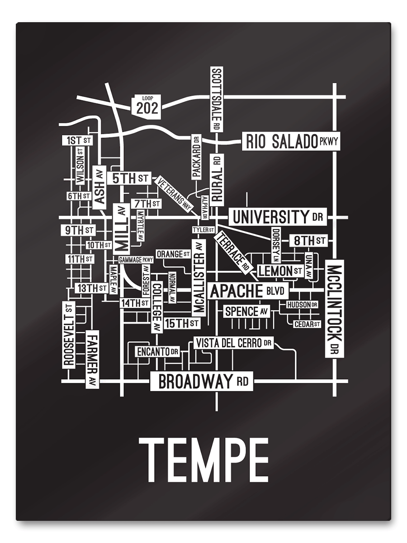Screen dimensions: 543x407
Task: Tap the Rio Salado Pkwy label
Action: tap(291, 142)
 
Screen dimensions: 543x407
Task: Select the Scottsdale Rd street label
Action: tap(217, 99)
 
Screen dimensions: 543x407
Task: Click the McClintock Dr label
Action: tap(335, 309)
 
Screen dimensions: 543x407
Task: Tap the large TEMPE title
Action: tap(203, 461)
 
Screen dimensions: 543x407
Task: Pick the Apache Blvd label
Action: tap(247, 291)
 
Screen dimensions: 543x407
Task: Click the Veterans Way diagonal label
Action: tap(174, 194)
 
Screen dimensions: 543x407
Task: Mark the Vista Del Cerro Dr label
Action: tap(234, 343)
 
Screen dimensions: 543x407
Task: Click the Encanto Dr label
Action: tap(158, 351)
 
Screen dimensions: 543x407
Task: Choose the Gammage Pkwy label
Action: tap(136, 260)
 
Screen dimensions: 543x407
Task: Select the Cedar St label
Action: tap(307, 324)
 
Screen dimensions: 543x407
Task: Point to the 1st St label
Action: tap(77, 140)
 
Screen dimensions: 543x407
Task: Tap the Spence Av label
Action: tap(247, 311)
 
